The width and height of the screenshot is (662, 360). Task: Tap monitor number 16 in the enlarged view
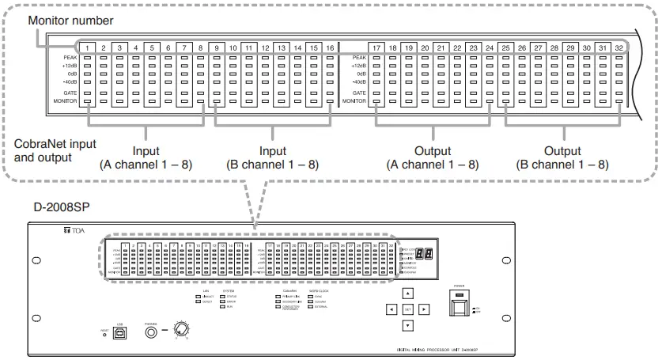329,47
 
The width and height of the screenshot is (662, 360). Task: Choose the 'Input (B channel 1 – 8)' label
274,157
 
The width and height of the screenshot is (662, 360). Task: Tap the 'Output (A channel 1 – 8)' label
433,157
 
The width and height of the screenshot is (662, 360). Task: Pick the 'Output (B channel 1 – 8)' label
562,157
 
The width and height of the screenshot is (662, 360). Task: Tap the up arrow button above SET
407,293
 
